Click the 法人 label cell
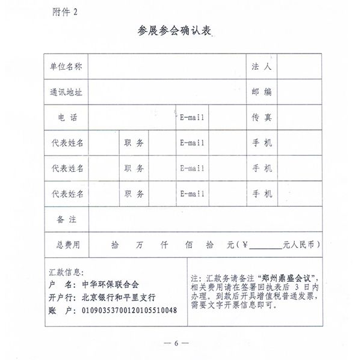[262, 67]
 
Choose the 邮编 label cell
[262, 92]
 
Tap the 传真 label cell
[262, 118]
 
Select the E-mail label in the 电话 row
[193, 118]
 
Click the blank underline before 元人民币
[265, 246]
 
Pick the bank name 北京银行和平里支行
[118, 297]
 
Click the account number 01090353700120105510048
[129, 311]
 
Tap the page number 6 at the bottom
[177, 343]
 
